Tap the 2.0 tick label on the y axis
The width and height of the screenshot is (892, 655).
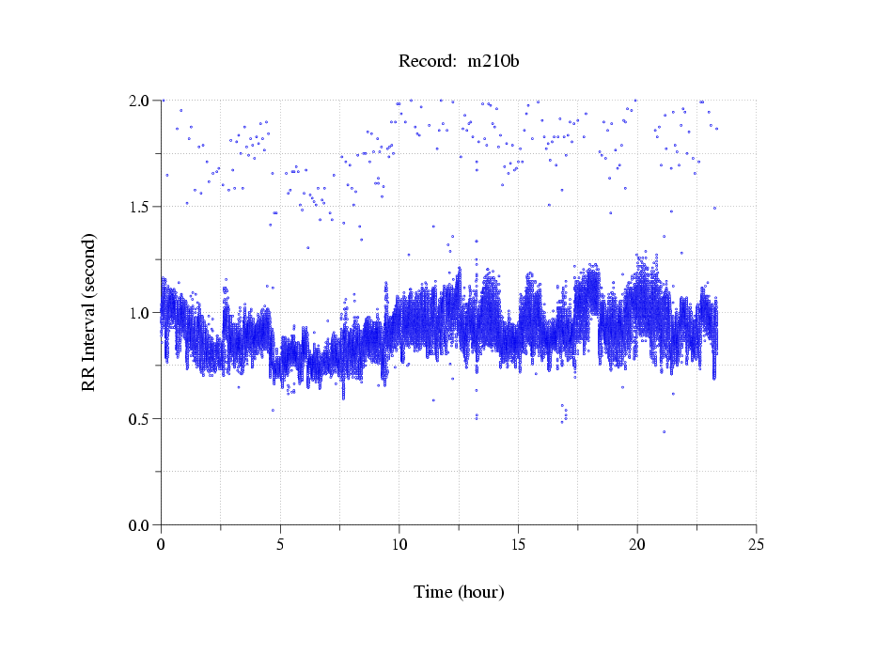(141, 101)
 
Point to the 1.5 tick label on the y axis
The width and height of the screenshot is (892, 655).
(141, 207)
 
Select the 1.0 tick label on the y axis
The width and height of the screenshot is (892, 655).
(141, 313)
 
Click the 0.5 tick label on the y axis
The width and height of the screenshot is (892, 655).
(141, 419)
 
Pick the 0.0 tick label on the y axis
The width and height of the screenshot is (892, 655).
(141, 525)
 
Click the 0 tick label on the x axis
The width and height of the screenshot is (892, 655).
(161, 543)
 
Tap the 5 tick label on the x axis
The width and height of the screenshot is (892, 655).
(280, 543)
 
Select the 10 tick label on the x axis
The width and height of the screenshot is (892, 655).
(399, 543)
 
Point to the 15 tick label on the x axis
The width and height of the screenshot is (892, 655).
(518, 543)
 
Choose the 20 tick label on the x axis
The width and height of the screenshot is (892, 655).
(637, 543)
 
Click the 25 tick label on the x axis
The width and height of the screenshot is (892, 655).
(756, 543)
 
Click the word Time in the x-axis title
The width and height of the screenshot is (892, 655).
(433, 592)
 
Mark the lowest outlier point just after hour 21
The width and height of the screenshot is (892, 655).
(664, 431)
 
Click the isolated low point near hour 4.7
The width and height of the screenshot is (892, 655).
(273, 410)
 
